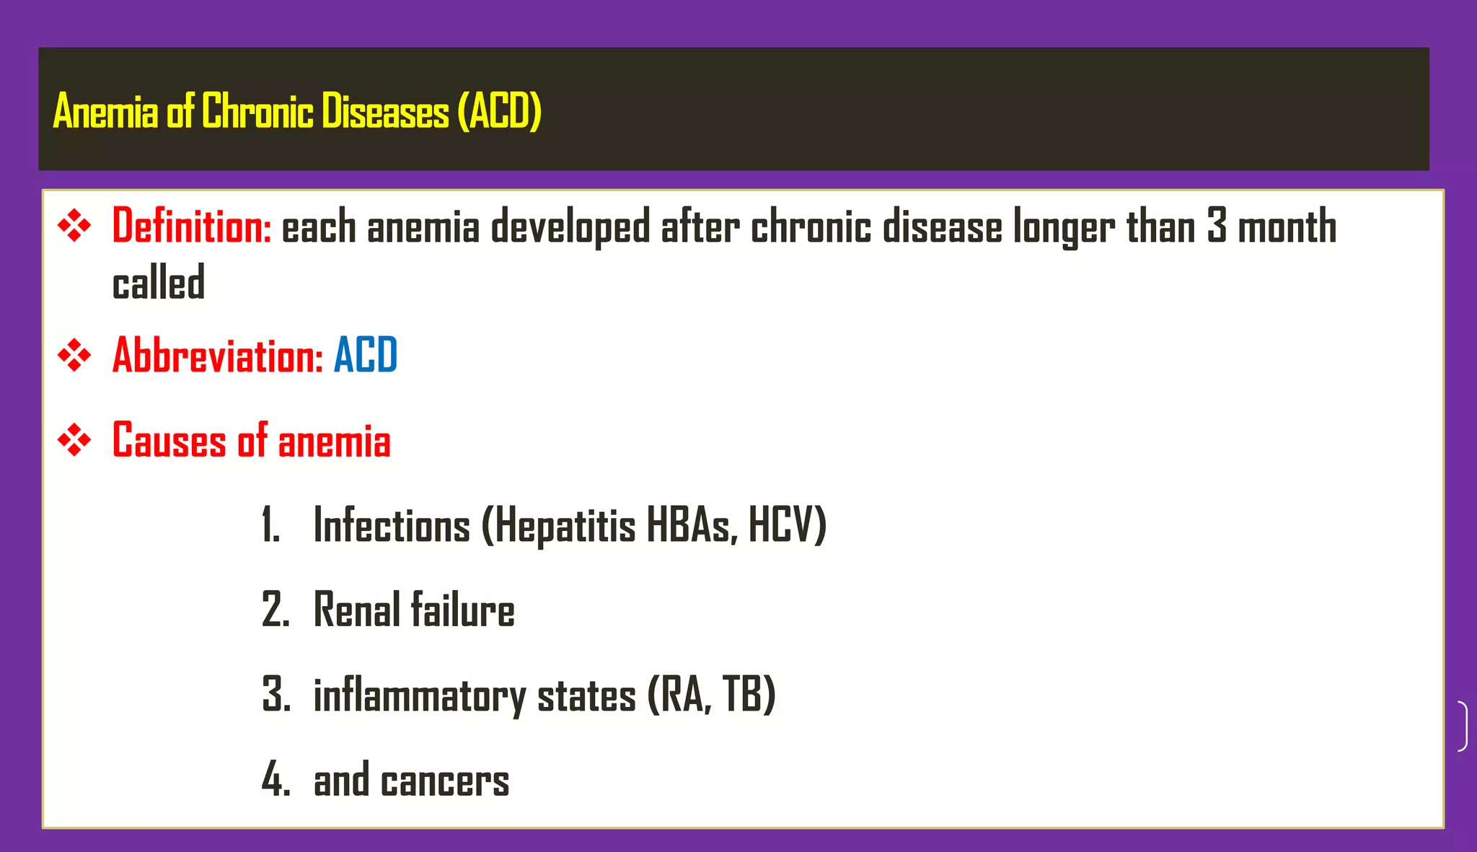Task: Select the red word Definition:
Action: pyautogui.click(x=192, y=226)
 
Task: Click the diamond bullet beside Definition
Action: pyautogui.click(x=74, y=226)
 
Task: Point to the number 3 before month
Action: pyautogui.click(x=1217, y=226)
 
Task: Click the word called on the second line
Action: pyautogui.click(x=159, y=282)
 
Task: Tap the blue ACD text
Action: pyautogui.click(x=365, y=355)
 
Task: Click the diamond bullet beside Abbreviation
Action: pyautogui.click(x=74, y=355)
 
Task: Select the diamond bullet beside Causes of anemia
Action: pyautogui.click(x=74, y=440)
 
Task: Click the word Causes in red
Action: pyautogui.click(x=169, y=440)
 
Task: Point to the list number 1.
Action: pyautogui.click(x=270, y=524)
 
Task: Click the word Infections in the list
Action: pyautogui.click(x=392, y=524)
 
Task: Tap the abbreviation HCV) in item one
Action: pyautogui.click(x=787, y=524)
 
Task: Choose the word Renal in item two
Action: pyautogui.click(x=357, y=610)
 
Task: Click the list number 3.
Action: pyautogui.click(x=276, y=695)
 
